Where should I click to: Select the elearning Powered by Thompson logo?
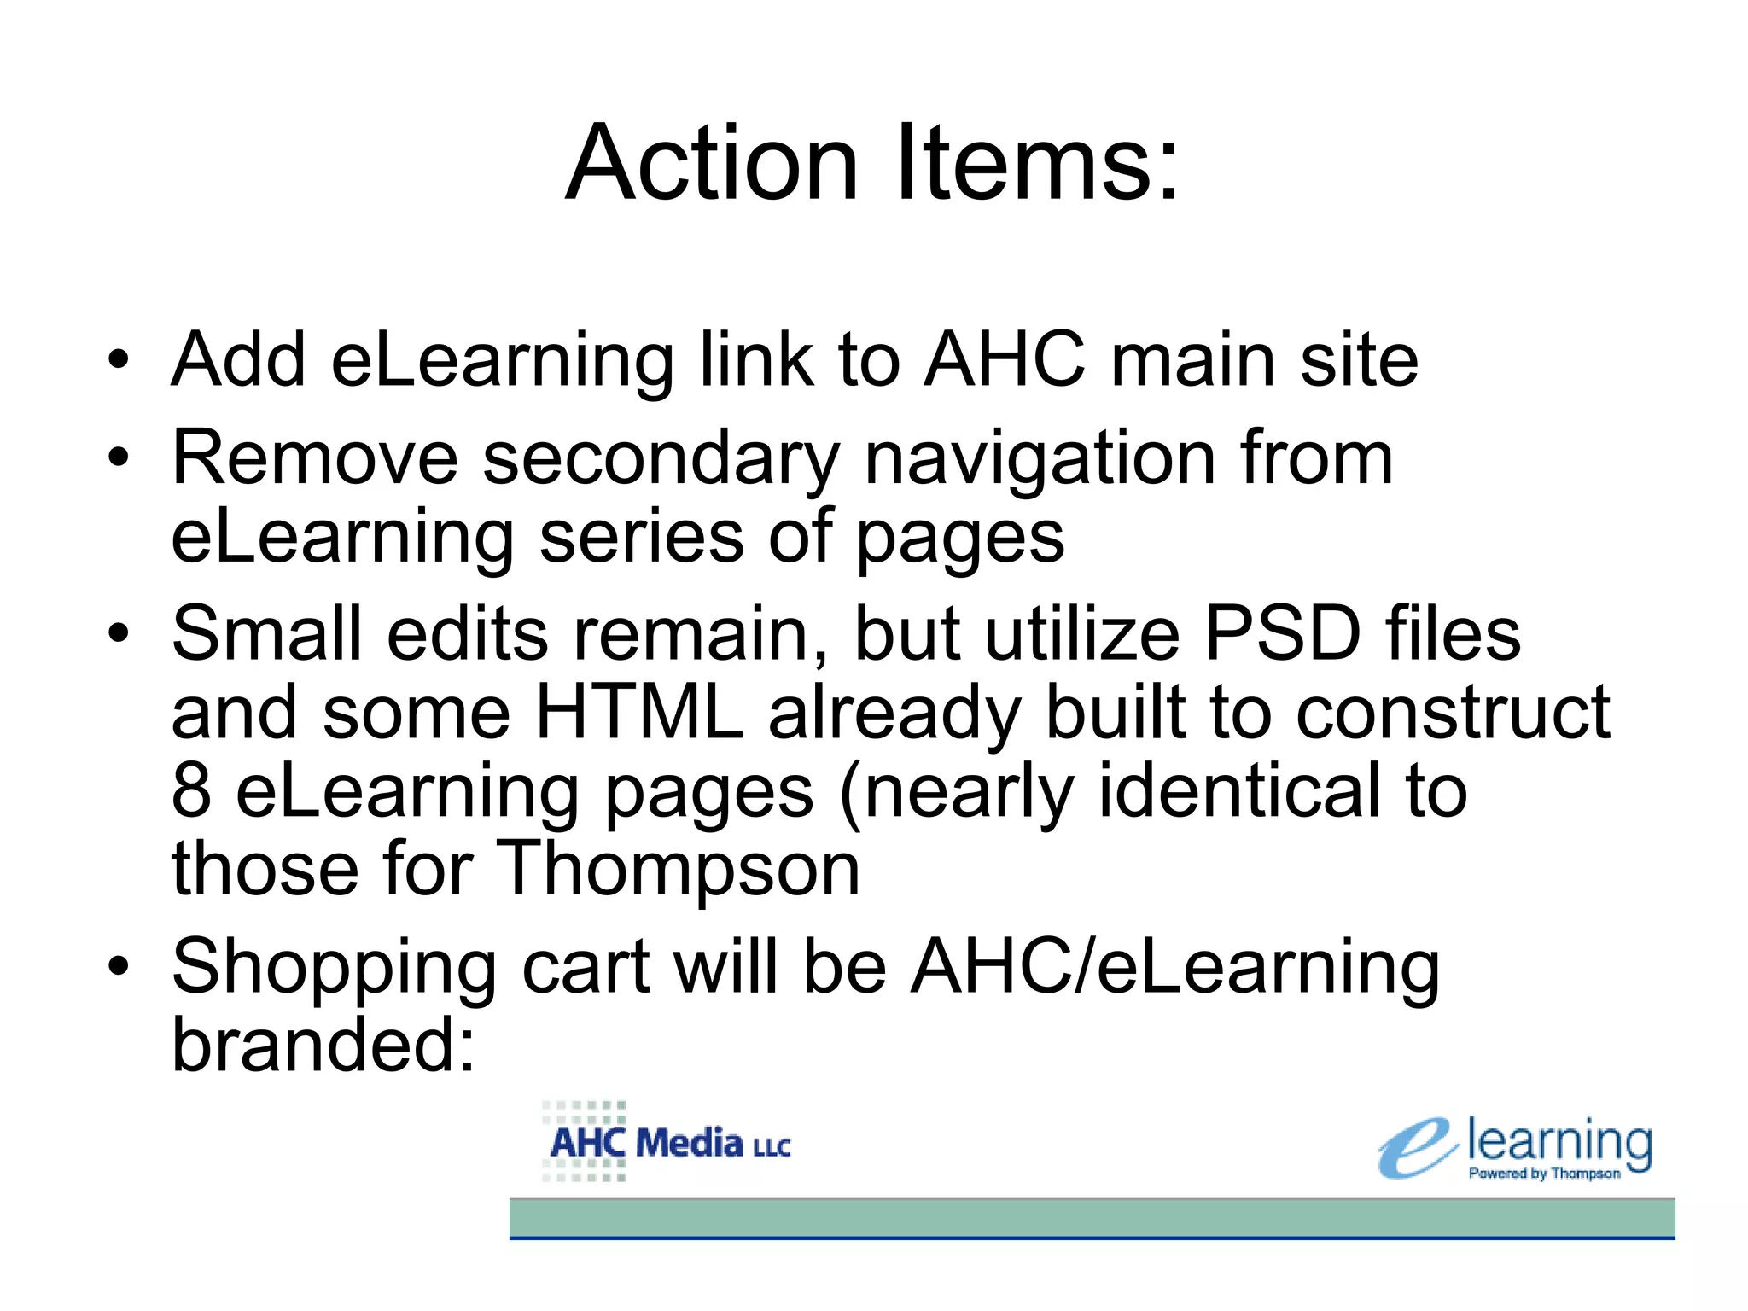click(x=1516, y=1149)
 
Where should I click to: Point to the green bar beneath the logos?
click(x=1092, y=1218)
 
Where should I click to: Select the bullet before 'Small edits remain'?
click(x=119, y=633)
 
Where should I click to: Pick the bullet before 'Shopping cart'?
click(x=119, y=966)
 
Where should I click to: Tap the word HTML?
click(x=638, y=712)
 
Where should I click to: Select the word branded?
click(x=323, y=1045)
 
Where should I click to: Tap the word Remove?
click(x=315, y=458)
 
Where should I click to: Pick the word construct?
click(x=1452, y=712)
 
